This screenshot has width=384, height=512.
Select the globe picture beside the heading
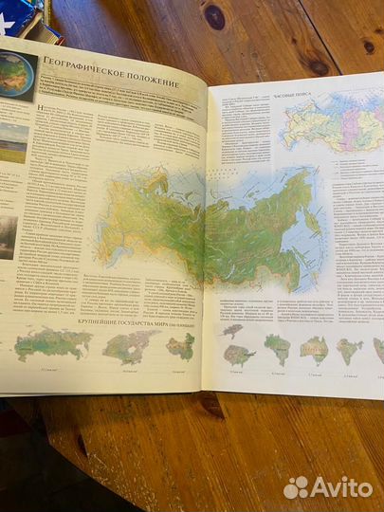coord(16,77)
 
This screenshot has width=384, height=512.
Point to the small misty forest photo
coord(8,236)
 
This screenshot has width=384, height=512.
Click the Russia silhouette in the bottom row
coord(52,343)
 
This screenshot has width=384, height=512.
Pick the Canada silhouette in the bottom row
coord(131,347)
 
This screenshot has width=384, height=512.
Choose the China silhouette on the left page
coord(180,346)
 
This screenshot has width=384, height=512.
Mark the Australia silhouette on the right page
coord(314,351)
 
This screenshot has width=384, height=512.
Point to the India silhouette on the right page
coord(349,351)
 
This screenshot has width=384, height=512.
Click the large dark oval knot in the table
coord(215,16)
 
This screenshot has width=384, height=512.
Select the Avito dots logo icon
coord(297,487)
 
